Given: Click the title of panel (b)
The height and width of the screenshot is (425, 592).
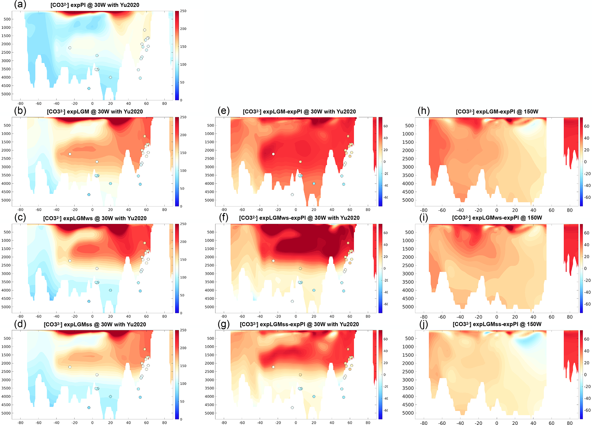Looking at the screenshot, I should (95, 111).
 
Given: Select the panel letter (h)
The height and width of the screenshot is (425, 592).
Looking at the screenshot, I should (424, 111).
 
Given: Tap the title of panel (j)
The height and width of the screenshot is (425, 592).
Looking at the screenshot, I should (497, 324).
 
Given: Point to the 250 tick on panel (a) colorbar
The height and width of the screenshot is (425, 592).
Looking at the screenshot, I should (183, 11).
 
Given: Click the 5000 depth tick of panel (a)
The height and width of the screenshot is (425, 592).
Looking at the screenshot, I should (6, 94).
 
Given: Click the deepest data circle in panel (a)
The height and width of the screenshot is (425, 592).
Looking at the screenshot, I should (89, 88).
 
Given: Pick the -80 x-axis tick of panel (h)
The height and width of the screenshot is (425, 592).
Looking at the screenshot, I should (424, 210).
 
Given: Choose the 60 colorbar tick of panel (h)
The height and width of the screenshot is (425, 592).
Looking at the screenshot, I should (586, 126).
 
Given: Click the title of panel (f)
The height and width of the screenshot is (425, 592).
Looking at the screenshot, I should (299, 218).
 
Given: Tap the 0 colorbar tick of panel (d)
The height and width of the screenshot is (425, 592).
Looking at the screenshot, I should (181, 419).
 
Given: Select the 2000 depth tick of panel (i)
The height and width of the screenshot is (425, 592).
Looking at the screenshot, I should (408, 257).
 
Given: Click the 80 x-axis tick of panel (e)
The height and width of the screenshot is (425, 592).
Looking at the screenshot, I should (368, 210).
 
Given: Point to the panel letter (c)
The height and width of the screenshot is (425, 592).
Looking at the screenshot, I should (20, 217).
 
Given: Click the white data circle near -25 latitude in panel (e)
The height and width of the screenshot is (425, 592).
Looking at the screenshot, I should (273, 154).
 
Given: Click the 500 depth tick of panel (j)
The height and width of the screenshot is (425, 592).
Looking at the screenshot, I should (409, 339).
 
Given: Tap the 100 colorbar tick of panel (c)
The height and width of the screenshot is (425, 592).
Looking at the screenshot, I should (183, 277).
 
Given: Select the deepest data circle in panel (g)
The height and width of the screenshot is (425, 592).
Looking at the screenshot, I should (292, 408).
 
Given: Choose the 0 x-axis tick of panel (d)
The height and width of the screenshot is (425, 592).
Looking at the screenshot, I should (92, 422).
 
